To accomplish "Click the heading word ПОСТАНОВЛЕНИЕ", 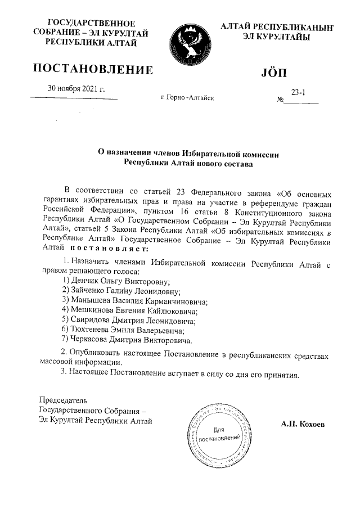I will pos(93,69).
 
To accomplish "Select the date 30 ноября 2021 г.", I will pos(76,88).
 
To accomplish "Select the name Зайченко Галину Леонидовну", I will pos(122,291).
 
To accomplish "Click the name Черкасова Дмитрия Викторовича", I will pos(129,340).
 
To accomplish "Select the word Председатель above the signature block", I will pos(63,400).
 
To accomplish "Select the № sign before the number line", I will pos(280,101).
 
